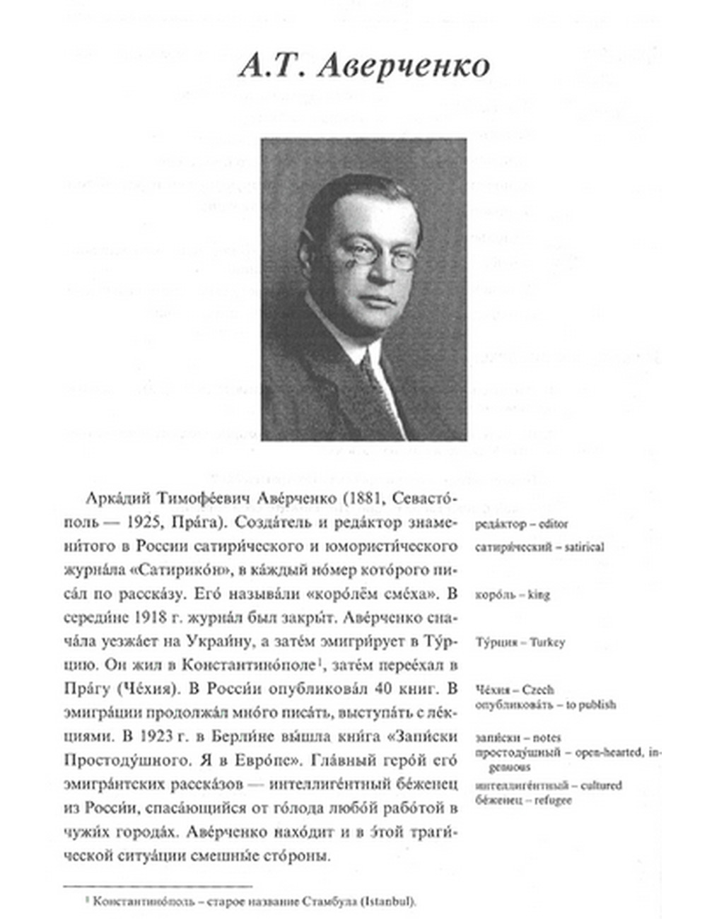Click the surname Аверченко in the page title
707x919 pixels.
click(x=403, y=66)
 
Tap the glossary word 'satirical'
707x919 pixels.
click(x=583, y=546)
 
